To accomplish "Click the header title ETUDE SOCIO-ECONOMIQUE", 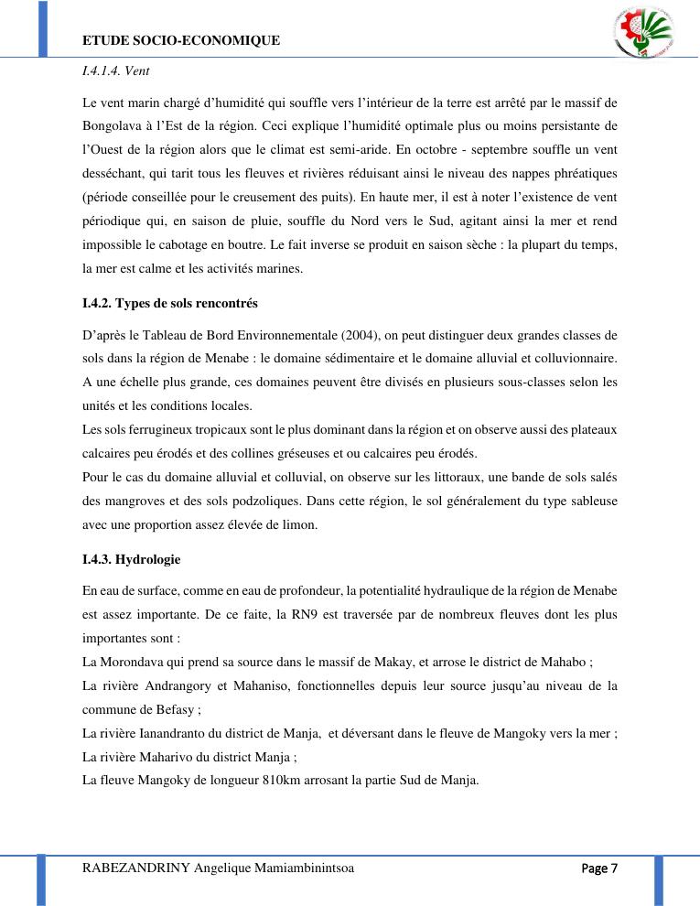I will coord(181,40).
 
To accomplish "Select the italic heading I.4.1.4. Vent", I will coord(115,70).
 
